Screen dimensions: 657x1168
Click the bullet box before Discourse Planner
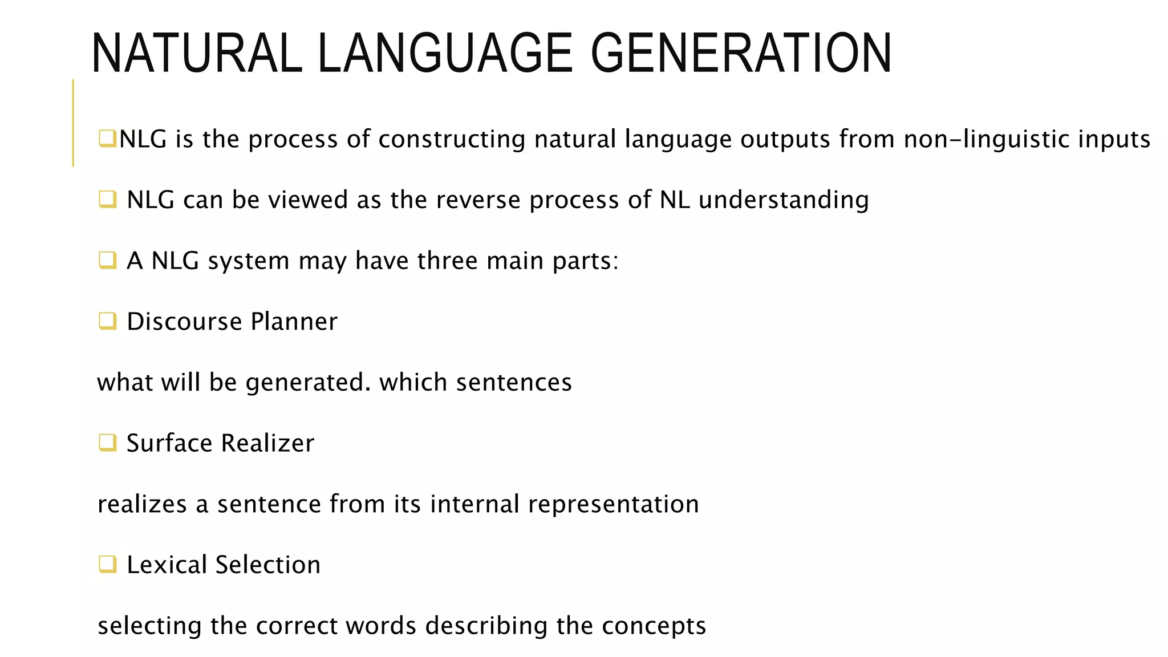[x=107, y=321]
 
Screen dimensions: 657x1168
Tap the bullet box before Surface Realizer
[x=107, y=443]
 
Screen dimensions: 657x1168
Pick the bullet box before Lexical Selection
[x=107, y=564]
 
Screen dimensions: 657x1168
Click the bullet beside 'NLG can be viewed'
[x=107, y=199]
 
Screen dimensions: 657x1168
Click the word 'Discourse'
[x=184, y=322]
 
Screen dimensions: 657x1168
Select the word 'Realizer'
[x=267, y=443]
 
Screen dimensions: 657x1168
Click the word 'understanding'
[x=784, y=200]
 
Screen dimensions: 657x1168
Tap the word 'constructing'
[x=452, y=140]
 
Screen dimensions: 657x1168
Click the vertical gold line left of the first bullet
[x=73, y=123]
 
